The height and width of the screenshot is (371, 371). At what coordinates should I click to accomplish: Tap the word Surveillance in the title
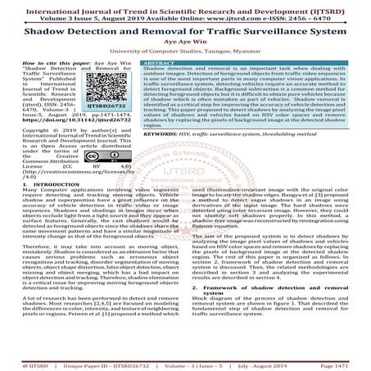pos(269,26)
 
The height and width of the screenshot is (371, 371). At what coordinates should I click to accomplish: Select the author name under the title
pos(185,39)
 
